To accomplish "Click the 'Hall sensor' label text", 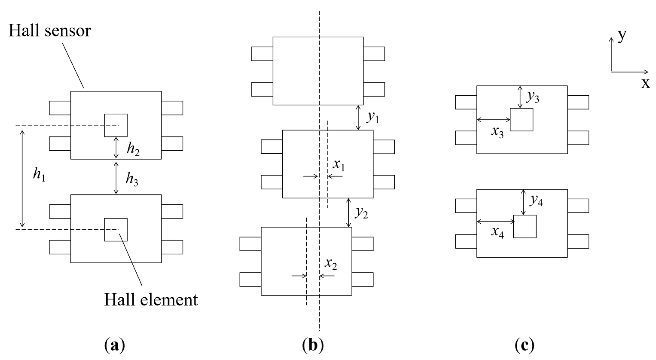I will point(50,31).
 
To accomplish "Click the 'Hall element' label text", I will point(151,300).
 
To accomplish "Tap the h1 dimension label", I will point(39,175).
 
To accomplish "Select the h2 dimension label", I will point(133,149).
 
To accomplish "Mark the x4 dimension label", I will point(497,232).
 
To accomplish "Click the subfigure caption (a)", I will point(115,346).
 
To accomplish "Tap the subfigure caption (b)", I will point(313,346).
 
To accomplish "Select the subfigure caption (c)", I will point(524,346).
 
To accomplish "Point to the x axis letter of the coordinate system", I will point(645,83).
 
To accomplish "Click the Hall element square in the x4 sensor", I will point(525,226).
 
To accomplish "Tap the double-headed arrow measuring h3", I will point(116,178).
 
